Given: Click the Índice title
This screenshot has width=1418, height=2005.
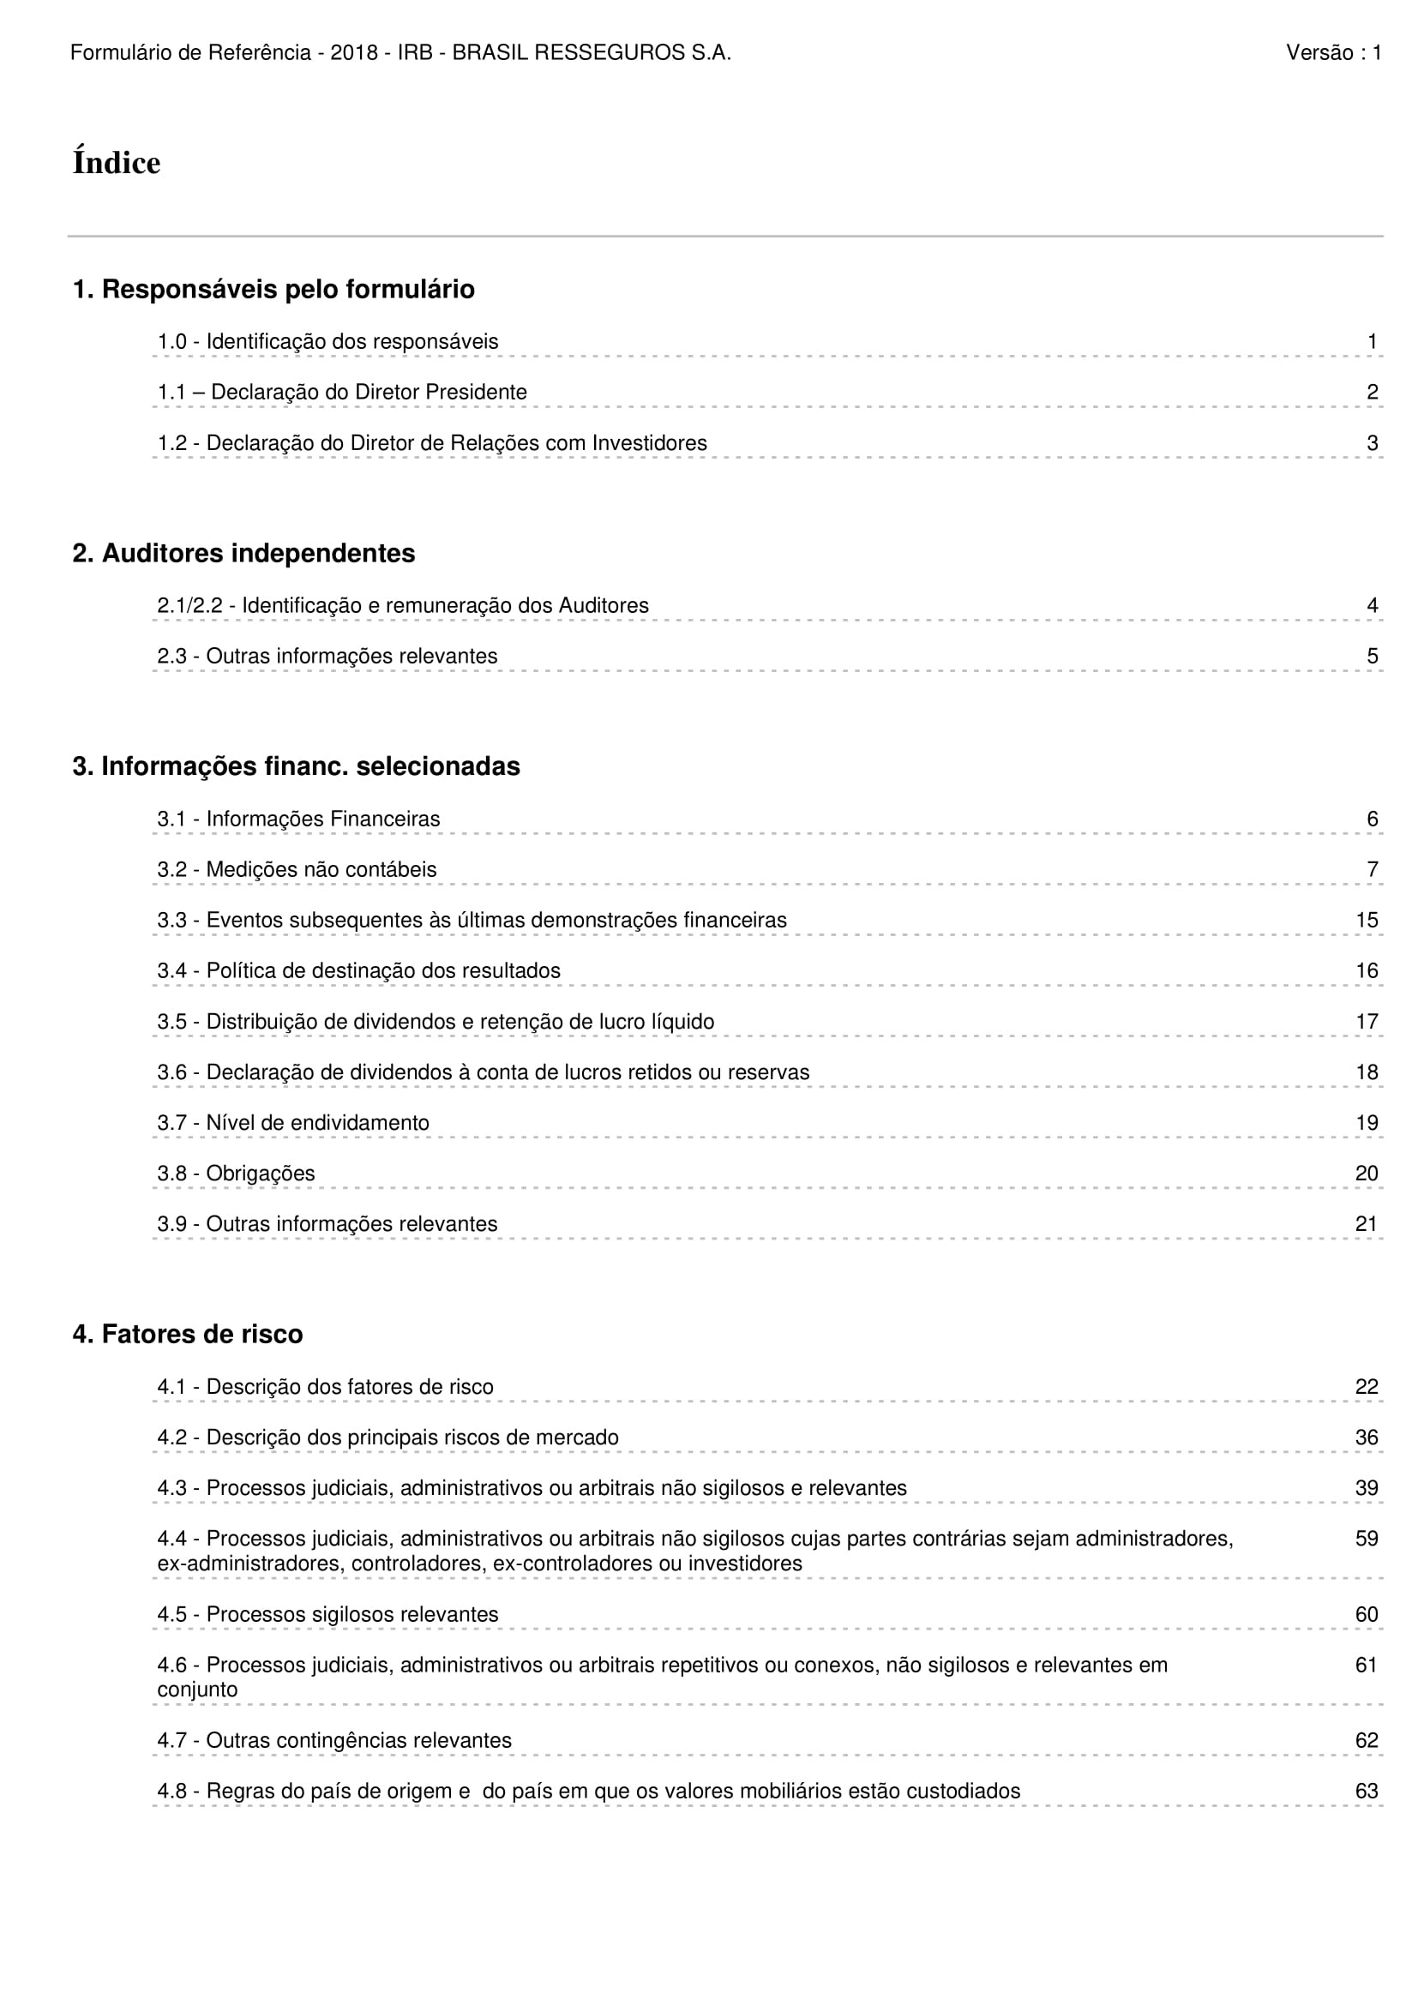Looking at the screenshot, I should click(116, 164).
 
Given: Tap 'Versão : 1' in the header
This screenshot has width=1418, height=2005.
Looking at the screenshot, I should click(1333, 53).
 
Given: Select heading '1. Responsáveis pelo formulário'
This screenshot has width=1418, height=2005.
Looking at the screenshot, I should click(273, 289).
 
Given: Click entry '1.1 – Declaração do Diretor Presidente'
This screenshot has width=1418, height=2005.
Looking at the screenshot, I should click(342, 393).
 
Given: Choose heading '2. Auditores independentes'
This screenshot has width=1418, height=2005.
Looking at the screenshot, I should click(243, 554).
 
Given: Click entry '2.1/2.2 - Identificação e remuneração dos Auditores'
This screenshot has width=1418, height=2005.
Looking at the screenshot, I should click(403, 606).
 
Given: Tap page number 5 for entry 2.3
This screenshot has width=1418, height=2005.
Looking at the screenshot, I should click(1372, 657).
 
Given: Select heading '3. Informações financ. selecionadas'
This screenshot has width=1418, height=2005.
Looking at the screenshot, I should click(296, 766).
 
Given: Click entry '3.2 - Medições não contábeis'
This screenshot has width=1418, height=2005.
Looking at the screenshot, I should click(297, 870).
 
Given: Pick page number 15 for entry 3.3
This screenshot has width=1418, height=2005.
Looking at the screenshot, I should click(1367, 921).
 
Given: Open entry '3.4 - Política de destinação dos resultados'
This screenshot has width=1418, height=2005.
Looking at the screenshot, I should click(359, 971).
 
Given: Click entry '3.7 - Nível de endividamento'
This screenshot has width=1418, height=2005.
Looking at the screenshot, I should click(293, 1123).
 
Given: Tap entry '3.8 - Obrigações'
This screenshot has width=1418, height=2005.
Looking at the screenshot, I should click(236, 1174).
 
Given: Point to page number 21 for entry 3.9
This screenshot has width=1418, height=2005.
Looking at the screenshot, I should click(1367, 1224).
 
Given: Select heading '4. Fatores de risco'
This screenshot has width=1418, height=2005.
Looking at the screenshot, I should click(188, 1335).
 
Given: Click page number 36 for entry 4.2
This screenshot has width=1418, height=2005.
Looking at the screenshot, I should click(1367, 1438).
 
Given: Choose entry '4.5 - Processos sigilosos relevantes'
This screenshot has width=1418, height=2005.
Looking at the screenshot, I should click(327, 1615).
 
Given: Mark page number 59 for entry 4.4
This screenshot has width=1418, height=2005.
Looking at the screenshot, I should click(1367, 1539).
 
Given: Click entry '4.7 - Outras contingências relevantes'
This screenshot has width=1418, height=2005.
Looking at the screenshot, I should click(334, 1740).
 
